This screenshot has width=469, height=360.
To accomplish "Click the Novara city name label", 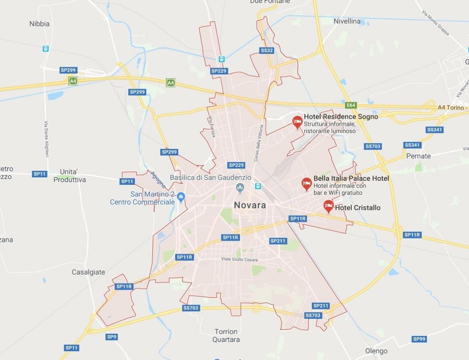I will coord(249,205).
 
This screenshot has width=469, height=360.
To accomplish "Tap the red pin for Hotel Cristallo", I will coord(328,206).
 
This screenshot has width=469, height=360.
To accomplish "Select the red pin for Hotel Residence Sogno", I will coord(297,121).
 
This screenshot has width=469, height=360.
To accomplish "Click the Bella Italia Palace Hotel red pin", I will coord(307,183).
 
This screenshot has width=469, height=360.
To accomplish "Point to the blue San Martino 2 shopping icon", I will coord(181,198).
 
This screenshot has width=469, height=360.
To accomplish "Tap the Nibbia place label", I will coord(40,24).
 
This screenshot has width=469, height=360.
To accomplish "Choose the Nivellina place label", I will coord(347,21).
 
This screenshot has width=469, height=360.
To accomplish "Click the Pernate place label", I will coord(418,156).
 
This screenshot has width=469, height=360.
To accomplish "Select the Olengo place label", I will coord(376,351).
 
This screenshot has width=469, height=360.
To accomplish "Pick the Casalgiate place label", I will coord(89,272).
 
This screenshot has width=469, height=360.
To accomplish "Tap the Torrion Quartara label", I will coord(226,335).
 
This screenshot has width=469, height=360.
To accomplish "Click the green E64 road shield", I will coord(351,105).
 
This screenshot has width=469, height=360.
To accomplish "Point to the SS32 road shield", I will coord(267,50).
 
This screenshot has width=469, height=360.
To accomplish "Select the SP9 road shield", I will coord(112,337).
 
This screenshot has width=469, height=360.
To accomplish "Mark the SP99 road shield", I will coord(419,339).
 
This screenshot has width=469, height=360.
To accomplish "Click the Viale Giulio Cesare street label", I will coord(239,259).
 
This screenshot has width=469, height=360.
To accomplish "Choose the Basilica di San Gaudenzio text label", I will coord(210,178).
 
